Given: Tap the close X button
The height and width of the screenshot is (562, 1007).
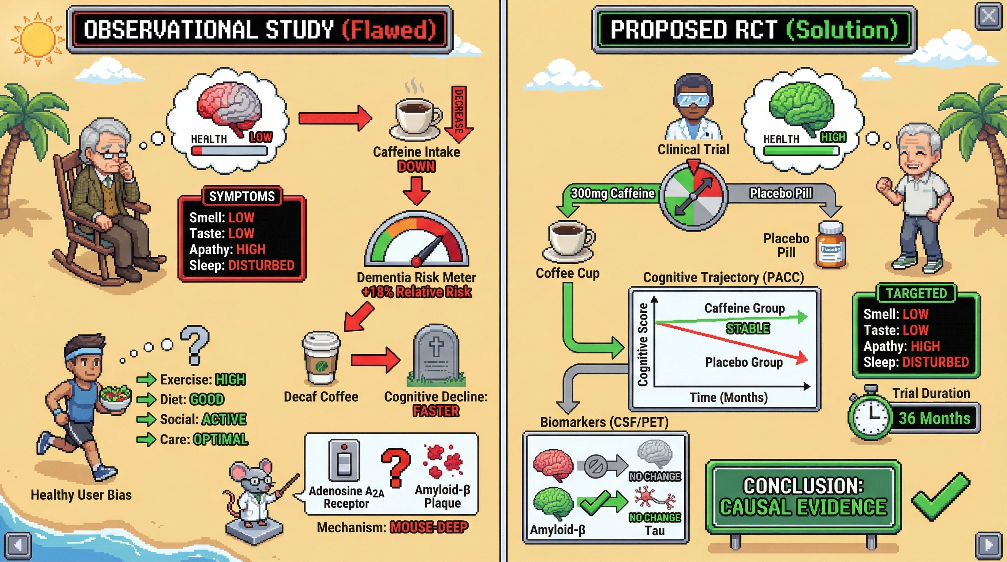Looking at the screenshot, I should [988, 16].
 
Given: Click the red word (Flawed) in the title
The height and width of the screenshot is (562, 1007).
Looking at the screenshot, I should [389, 30].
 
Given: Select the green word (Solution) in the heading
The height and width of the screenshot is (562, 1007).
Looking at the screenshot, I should [842, 30].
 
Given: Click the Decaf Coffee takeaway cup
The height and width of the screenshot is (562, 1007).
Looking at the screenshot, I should [321, 358].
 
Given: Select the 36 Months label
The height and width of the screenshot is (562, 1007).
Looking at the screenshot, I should [934, 418].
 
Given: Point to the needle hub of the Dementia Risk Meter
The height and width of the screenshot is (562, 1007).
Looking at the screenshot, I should [416, 261].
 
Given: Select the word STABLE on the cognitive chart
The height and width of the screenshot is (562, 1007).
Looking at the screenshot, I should [748, 328].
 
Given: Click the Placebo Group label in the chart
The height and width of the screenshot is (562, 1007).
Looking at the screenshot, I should [744, 362].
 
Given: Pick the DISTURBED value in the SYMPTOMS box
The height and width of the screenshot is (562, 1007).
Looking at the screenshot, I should [261, 265].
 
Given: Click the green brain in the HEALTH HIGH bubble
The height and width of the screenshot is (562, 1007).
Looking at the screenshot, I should [801, 108].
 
